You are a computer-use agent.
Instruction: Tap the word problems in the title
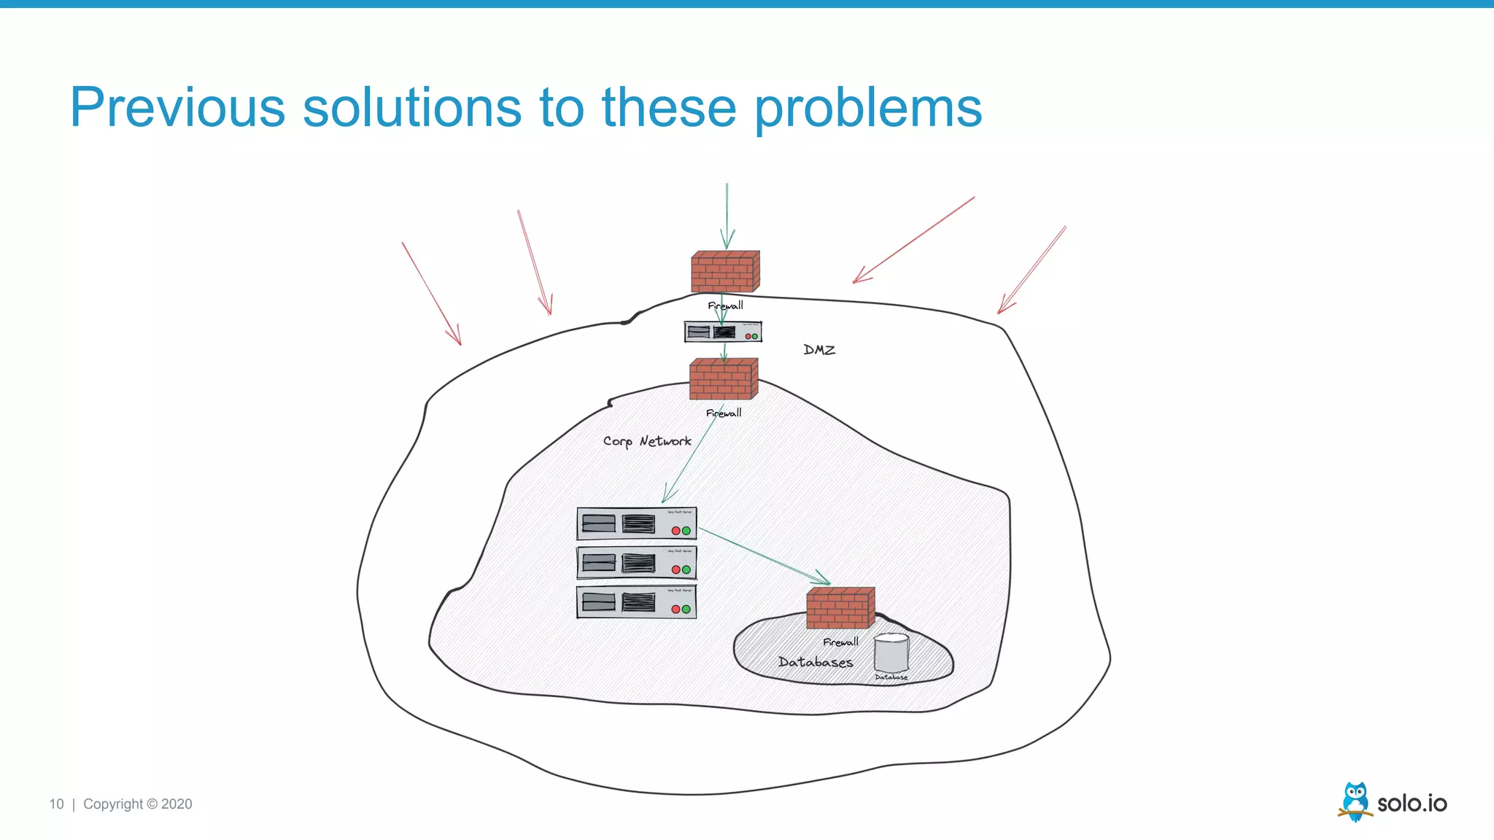click(867, 107)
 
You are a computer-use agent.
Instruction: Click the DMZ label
click(819, 350)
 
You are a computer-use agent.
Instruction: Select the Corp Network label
click(647, 441)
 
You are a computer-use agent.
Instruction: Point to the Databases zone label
click(815, 662)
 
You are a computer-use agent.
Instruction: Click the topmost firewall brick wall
click(725, 271)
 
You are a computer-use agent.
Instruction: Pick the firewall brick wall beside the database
click(840, 608)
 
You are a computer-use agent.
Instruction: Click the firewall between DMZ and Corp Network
click(724, 378)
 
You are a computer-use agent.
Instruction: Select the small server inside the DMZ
click(722, 332)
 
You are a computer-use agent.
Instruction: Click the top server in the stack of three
click(636, 524)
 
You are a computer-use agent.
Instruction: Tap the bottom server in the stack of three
click(636, 602)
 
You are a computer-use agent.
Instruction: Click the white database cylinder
click(891, 653)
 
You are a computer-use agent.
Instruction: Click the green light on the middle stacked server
click(686, 569)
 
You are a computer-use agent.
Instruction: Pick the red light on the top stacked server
click(676, 531)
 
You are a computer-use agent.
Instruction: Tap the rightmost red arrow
click(1032, 270)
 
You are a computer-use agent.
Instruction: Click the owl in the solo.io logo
click(1355, 801)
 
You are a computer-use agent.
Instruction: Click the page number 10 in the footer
click(56, 804)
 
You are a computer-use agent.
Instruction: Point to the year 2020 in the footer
click(177, 804)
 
